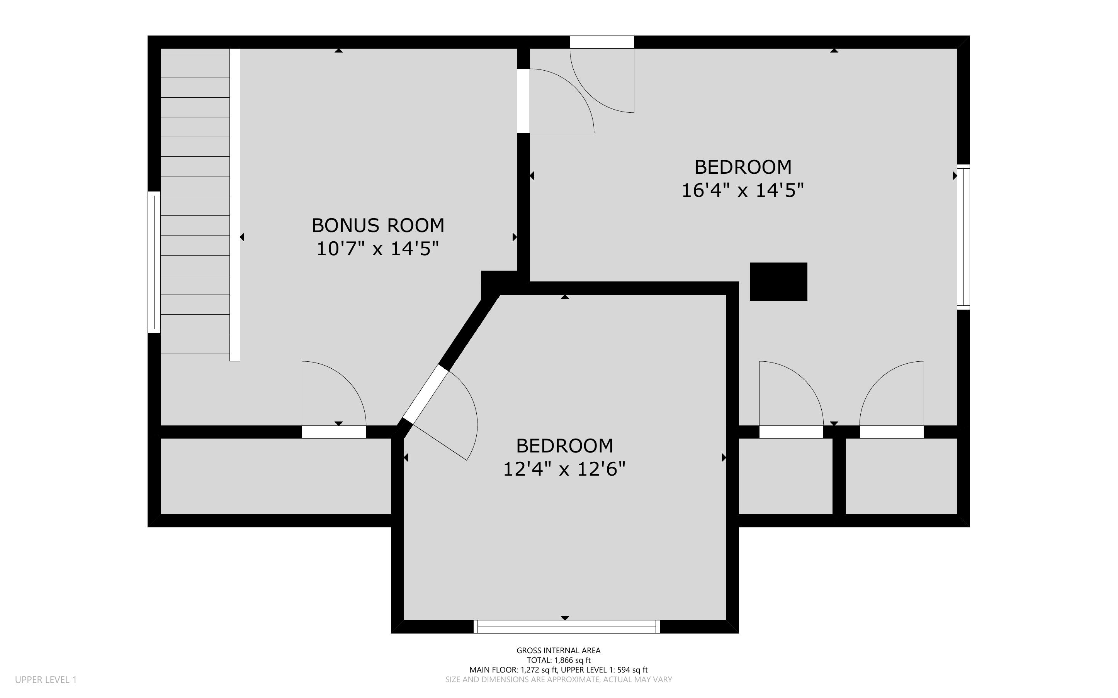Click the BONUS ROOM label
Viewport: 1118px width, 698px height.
(x=378, y=225)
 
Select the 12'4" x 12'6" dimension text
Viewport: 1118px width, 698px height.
(x=564, y=469)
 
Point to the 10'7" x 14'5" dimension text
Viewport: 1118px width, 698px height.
(x=377, y=249)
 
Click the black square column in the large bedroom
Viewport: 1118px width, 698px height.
(x=778, y=281)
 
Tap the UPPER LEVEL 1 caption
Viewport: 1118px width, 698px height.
(x=46, y=679)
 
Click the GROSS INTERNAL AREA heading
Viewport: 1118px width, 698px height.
(x=558, y=651)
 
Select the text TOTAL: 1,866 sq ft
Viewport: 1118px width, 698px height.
(x=558, y=660)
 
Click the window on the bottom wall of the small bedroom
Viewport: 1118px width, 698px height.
(x=567, y=627)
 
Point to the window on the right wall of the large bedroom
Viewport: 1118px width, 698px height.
(x=963, y=237)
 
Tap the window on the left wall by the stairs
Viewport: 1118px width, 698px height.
(x=154, y=262)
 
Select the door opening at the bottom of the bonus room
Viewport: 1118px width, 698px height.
(x=334, y=432)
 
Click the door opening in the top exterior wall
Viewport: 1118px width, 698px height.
(x=602, y=42)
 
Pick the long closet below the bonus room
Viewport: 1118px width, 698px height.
(x=276, y=476)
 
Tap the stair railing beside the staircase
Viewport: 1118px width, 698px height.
(x=234, y=205)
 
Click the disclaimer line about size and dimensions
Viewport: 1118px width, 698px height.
(x=558, y=679)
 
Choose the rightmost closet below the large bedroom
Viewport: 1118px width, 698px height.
(x=901, y=476)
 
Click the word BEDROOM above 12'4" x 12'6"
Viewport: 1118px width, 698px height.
(x=564, y=446)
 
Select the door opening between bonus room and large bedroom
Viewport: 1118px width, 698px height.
(x=523, y=101)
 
